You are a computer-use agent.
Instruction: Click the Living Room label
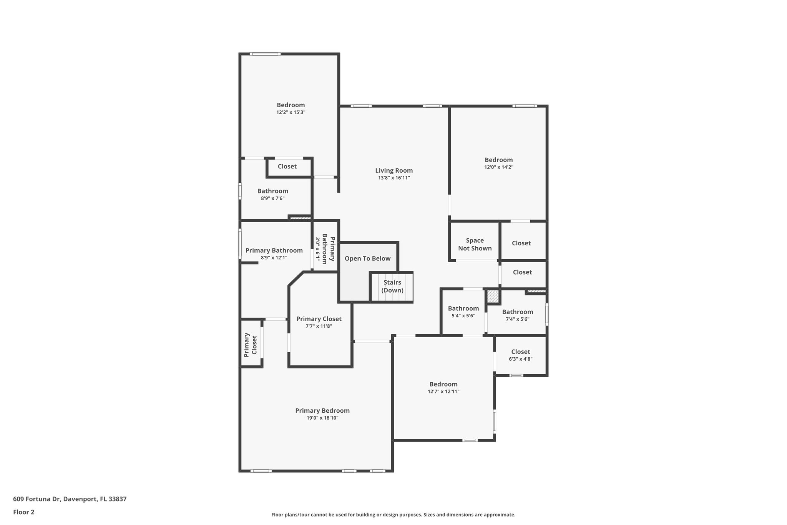click(x=394, y=170)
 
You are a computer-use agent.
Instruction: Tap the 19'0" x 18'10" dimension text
click(x=322, y=418)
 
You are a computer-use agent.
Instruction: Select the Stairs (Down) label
click(x=392, y=286)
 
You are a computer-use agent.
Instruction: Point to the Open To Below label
click(x=367, y=258)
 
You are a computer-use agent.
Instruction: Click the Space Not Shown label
click(x=475, y=244)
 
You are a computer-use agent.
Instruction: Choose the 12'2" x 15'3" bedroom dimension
click(x=291, y=112)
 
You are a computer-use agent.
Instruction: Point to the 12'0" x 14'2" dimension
click(x=498, y=167)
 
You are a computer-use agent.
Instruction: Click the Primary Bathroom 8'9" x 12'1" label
click(x=274, y=253)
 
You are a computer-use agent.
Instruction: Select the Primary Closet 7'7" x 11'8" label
click(x=319, y=322)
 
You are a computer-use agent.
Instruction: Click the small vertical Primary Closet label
click(x=250, y=345)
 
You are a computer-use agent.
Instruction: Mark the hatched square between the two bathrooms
click(x=493, y=297)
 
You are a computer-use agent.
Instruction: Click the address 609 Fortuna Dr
click(x=70, y=499)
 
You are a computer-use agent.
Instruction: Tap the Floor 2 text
click(x=24, y=512)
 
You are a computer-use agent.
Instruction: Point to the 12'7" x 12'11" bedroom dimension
click(x=443, y=392)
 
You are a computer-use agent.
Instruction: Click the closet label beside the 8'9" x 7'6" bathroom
click(x=287, y=167)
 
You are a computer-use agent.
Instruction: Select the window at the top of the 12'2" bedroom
click(x=265, y=54)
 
